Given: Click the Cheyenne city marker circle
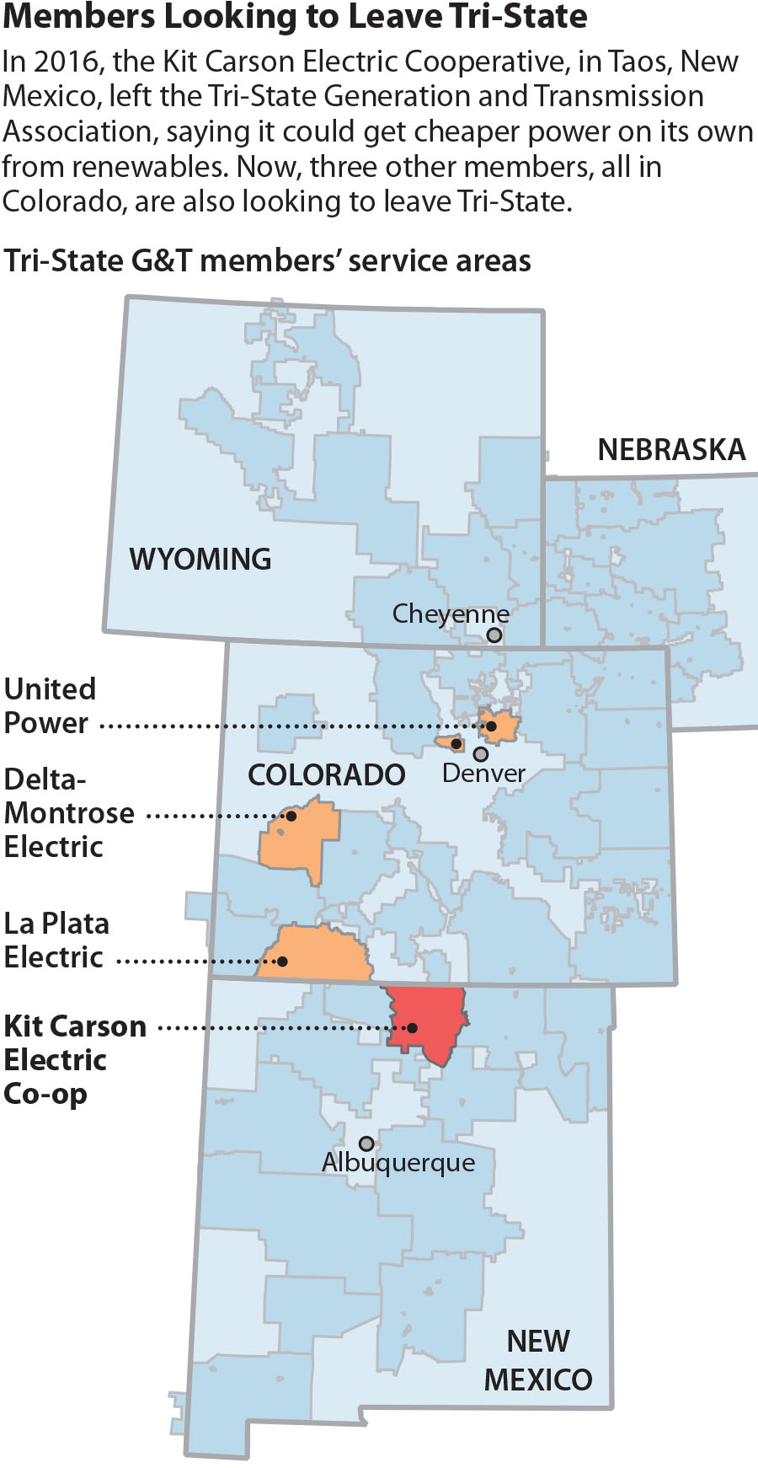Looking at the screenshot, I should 494,635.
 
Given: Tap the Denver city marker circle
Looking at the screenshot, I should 480,753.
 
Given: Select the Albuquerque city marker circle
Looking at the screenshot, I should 366,1144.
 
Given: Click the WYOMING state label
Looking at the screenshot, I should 200,559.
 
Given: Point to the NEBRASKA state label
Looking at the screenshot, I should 671,449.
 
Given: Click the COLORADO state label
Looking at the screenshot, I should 326,774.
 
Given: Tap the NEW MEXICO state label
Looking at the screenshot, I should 538,1360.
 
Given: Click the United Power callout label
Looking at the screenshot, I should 50,706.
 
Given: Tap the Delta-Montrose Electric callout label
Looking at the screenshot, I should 69,812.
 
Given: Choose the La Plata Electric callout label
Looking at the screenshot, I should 56,940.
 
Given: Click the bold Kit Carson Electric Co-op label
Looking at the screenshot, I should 74,1059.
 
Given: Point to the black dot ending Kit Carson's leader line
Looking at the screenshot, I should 413,1027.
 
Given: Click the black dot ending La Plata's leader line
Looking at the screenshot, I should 283,961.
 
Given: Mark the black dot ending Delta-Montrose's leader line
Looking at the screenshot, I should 291,816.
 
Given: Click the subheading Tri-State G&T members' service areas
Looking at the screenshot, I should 267,261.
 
